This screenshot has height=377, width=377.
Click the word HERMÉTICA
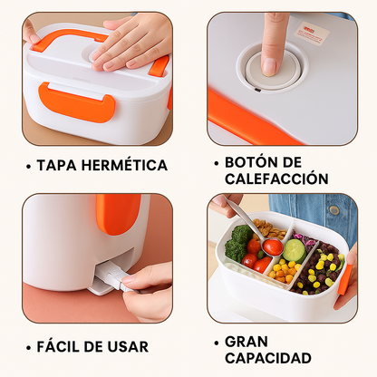pyautogui.click(x=124, y=165)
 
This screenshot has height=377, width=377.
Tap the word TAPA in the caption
pyautogui.click(x=56, y=165)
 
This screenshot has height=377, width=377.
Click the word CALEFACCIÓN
pyautogui.click(x=276, y=179)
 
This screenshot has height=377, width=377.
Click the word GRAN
pyautogui.click(x=246, y=342)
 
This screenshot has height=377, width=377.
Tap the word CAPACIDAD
pyautogui.click(x=268, y=358)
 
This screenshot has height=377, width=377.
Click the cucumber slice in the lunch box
pyautogui.click(x=295, y=250)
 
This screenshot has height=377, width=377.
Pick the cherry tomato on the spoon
pyautogui.click(x=273, y=246)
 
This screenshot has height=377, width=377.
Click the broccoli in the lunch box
pyautogui.click(x=238, y=242)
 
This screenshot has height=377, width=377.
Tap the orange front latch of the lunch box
pyautogui.click(x=77, y=102)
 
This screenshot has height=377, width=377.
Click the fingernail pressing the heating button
pyautogui.click(x=269, y=66)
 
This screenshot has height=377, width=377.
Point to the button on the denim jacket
pyautogui.click(x=334, y=209)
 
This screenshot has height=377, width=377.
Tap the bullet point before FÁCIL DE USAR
pyautogui.click(x=29, y=348)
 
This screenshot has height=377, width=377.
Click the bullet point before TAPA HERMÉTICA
pyautogui.click(x=29, y=167)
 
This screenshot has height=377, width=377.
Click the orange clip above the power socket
pyautogui.click(x=119, y=215)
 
